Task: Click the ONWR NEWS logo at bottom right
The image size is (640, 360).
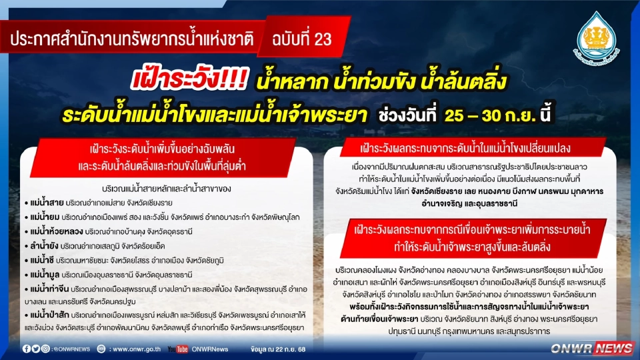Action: click(x=593, y=348)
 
